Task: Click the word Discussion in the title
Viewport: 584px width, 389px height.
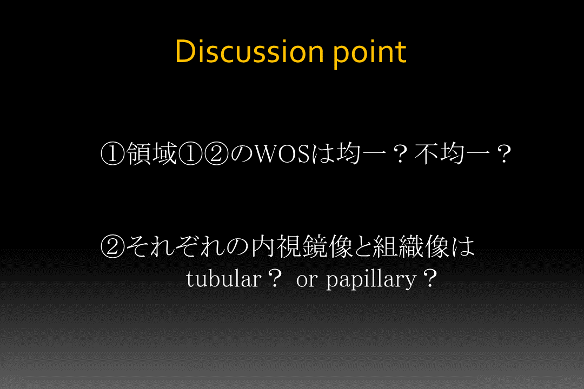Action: (x=249, y=51)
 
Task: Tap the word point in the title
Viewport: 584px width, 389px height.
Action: (x=369, y=55)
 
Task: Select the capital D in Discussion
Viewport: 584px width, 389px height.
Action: (x=185, y=51)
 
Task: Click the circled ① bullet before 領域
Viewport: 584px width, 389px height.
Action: (x=113, y=154)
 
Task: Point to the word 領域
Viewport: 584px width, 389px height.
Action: (x=151, y=154)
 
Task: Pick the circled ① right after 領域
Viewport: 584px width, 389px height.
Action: (x=190, y=154)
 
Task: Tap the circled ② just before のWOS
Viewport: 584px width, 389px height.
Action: (x=216, y=154)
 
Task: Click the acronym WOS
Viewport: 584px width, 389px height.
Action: (x=282, y=154)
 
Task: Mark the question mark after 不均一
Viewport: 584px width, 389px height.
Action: (x=505, y=154)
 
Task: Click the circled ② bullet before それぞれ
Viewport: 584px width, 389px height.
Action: (x=112, y=246)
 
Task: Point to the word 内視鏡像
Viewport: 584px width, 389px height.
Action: (x=301, y=246)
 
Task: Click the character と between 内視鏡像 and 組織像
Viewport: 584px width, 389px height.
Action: (x=362, y=247)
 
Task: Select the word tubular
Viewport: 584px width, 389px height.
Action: (x=224, y=278)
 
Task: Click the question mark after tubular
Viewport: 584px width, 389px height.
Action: (x=275, y=279)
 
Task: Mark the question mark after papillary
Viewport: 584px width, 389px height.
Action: (x=430, y=279)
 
